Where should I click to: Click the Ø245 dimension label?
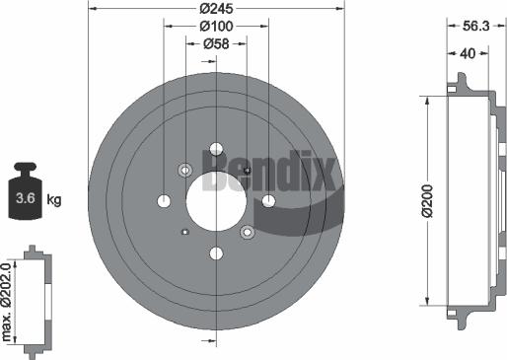[216, 9]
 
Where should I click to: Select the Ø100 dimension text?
[216, 27]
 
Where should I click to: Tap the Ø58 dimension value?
[216, 43]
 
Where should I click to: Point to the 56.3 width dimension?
[476, 26]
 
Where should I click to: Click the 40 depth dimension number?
[468, 53]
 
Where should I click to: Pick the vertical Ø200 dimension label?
[427, 201]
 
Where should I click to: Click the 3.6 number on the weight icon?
[26, 198]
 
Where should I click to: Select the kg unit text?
[54, 199]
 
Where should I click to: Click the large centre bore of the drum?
[216, 201]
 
